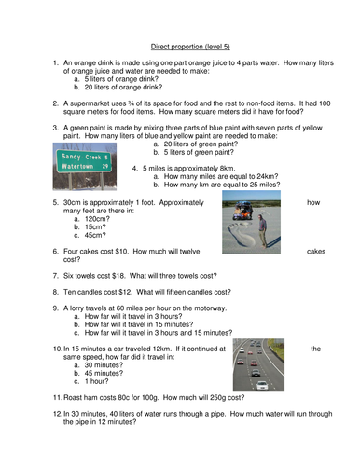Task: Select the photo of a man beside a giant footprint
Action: pos(250,226)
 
